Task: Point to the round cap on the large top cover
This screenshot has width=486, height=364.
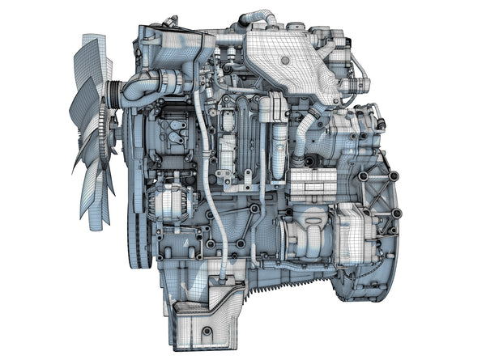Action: pos(284,60)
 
